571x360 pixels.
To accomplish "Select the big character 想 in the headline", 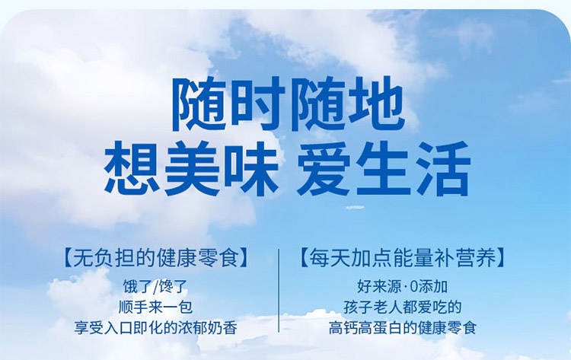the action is [132, 167].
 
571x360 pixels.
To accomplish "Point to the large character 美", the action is [192, 167].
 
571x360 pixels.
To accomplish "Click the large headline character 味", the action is [251, 167].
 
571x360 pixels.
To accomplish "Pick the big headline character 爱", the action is [324, 167].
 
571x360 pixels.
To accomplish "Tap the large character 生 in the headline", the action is [384, 167].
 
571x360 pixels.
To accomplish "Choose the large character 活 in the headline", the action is [443, 167].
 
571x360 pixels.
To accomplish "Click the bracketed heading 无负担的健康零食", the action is [155, 258].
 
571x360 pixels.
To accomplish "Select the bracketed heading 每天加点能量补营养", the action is [402, 258].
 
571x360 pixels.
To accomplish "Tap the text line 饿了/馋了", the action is [155, 287].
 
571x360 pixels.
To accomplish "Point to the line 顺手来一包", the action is [155, 307].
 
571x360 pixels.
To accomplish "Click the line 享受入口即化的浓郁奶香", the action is [155, 327].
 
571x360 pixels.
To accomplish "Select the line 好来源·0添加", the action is [402, 287].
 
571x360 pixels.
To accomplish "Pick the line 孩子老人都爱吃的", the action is [403, 307].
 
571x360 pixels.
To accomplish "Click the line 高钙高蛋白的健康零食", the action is [403, 327].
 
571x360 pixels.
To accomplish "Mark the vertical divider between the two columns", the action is [279, 291].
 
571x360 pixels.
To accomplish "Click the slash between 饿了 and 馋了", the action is [157, 287].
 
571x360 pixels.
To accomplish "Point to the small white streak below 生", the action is [354, 208].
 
